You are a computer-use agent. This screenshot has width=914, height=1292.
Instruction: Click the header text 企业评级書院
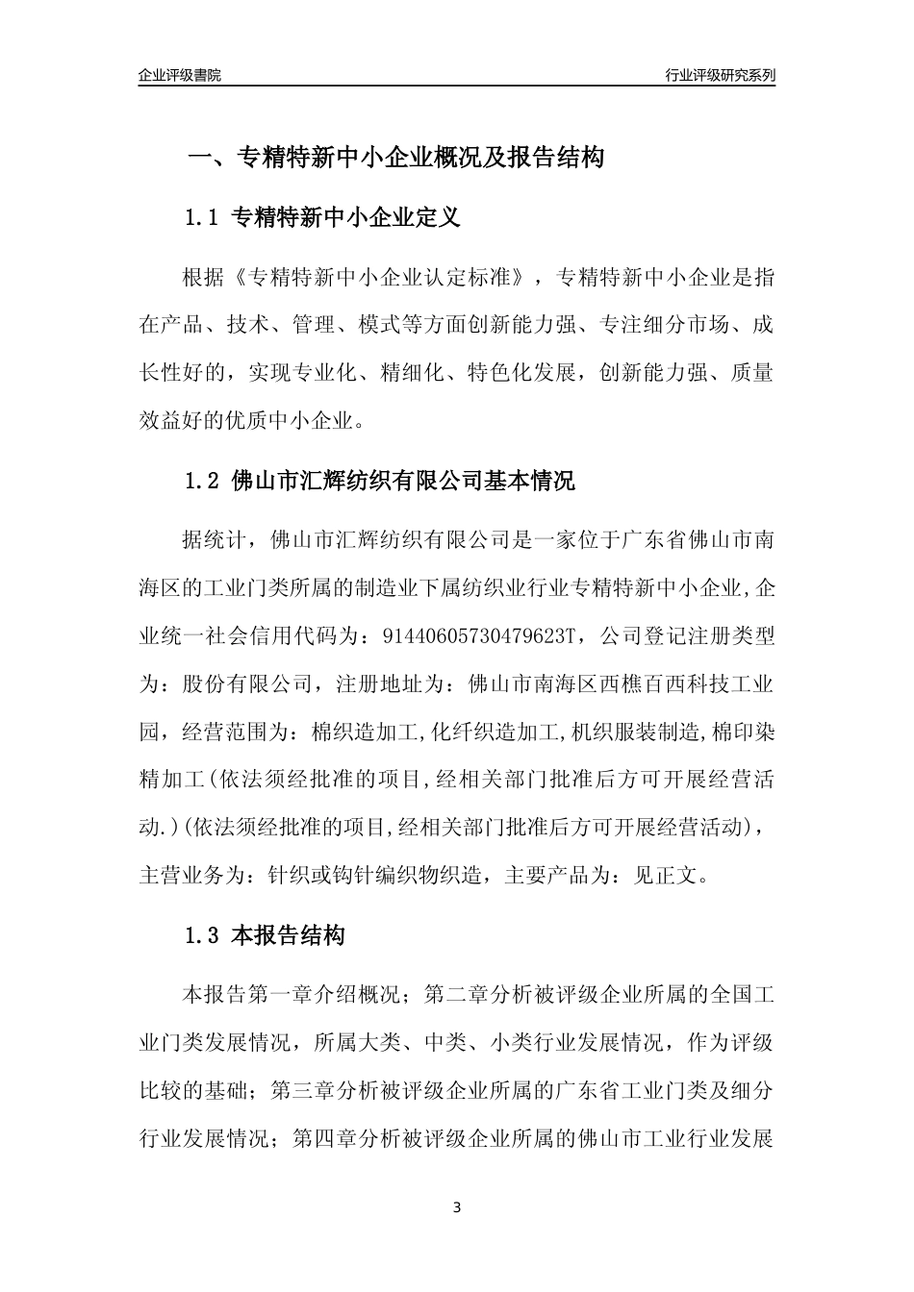180,75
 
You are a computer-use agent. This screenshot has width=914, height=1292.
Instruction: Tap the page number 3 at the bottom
457,1207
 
